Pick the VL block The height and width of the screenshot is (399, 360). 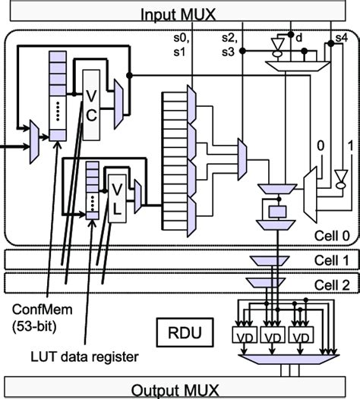tap(118, 192)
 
